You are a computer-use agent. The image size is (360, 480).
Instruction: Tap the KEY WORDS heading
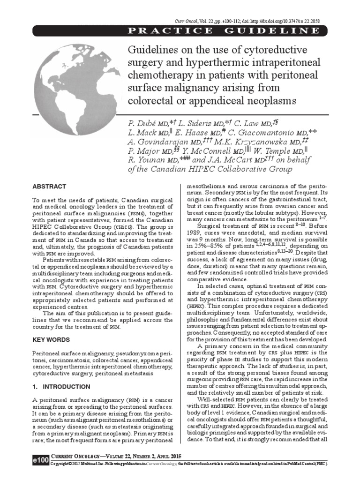52,339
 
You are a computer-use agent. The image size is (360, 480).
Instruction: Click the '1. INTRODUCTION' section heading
61,387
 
